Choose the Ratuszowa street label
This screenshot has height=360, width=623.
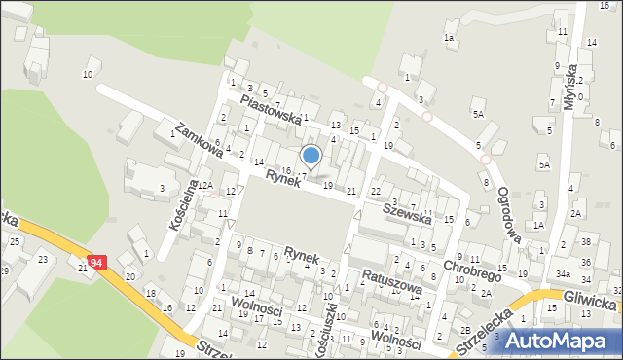click(388, 282)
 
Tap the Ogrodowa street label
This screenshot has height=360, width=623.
click(512, 207)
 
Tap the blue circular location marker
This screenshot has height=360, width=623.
click(311, 155)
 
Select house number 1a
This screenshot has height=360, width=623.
click(449, 37)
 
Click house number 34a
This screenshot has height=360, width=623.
click(564, 273)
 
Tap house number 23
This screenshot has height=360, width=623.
click(42, 259)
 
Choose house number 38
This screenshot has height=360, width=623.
click(587, 240)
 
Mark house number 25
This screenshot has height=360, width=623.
click(15, 241)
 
